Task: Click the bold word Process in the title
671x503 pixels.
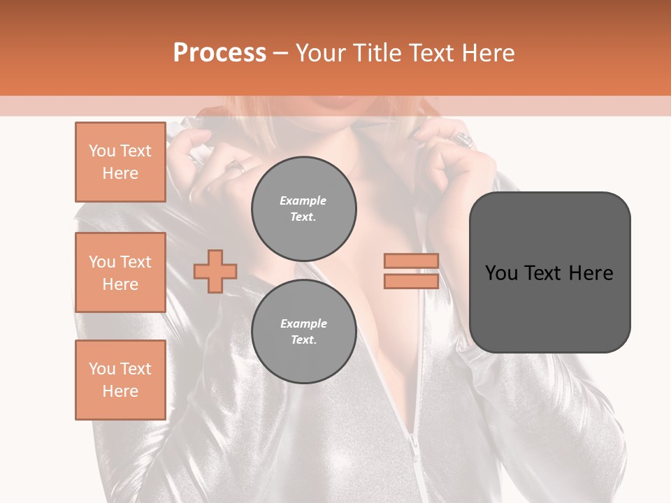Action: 219,53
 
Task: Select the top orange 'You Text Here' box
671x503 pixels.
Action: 120,162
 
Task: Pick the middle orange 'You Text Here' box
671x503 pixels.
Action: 120,272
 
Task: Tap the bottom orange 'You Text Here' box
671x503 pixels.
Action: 120,380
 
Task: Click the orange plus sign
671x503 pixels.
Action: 215,271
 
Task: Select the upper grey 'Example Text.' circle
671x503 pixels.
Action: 303,208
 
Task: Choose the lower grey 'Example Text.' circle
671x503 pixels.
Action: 303,331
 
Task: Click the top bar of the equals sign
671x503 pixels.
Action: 411,261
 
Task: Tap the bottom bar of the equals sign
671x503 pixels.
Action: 411,281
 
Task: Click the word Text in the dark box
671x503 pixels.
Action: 541,273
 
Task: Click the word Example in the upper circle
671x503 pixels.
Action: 303,201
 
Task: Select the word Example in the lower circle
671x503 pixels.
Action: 303,323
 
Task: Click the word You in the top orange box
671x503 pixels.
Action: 102,151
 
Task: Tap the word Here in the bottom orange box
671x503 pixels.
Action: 120,391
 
